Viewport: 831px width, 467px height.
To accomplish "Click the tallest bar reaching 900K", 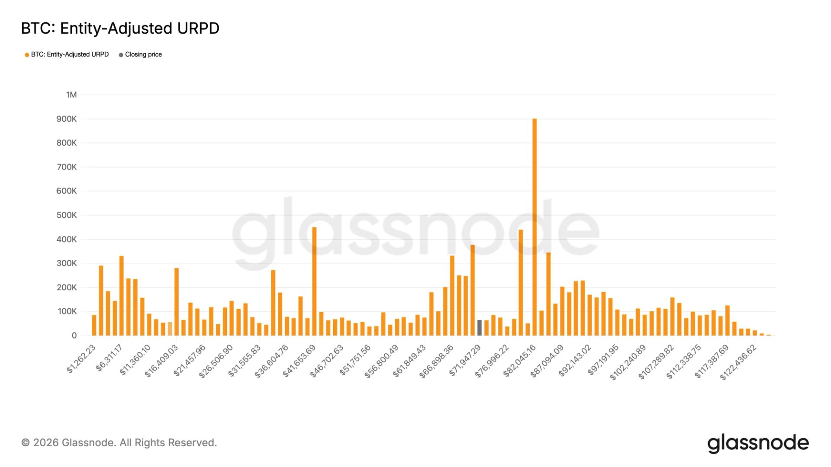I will (x=535, y=227).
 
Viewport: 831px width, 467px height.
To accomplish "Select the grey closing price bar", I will (x=479, y=328).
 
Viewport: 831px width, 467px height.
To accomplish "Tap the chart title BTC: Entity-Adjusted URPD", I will (x=120, y=29).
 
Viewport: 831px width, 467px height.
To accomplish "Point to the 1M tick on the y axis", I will (x=71, y=95).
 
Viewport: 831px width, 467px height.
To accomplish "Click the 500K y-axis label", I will (x=67, y=215).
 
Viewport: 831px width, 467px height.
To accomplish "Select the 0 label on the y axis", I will (x=74, y=336).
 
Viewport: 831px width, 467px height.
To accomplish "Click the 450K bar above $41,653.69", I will (x=314, y=281).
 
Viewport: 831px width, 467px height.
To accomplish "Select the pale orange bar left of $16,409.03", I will (x=170, y=329).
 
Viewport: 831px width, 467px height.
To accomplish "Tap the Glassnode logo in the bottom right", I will (x=758, y=443).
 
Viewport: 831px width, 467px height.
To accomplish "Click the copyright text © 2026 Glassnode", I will (x=119, y=443).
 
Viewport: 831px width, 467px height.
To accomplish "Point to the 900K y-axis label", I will (x=67, y=119).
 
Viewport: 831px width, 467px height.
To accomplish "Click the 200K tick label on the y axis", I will (x=67, y=288).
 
